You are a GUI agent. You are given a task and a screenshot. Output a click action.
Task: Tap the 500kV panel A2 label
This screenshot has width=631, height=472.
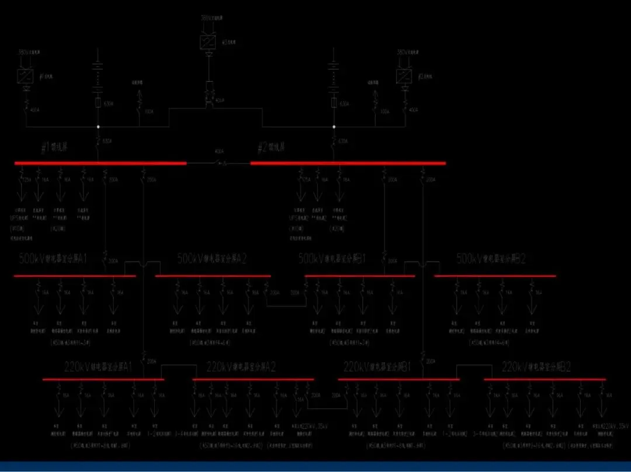pyautogui.click(x=212, y=259)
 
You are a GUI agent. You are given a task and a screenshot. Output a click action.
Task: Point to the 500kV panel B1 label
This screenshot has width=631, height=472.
pyautogui.click(x=332, y=259)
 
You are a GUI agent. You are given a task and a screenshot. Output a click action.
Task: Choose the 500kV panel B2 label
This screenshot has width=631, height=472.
pyautogui.click(x=491, y=259)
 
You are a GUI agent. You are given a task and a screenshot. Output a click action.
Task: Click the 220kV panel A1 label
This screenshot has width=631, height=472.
pyautogui.click(x=99, y=367)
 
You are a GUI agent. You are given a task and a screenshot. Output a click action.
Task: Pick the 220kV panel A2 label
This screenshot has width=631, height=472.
pyautogui.click(x=241, y=367)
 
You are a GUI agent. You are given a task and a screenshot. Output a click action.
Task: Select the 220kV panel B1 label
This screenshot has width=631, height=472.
pyautogui.click(x=377, y=367)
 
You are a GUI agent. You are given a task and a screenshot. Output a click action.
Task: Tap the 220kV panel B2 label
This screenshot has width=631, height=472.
pyautogui.click(x=536, y=367)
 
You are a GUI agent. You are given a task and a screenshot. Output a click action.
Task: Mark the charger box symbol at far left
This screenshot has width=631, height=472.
pyautogui.click(x=25, y=77)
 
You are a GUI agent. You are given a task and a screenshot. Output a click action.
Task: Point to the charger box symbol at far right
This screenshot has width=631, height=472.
pyautogui.click(x=403, y=77)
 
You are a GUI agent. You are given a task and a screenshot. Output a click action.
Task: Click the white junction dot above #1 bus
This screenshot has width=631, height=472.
pyautogui.click(x=98, y=126)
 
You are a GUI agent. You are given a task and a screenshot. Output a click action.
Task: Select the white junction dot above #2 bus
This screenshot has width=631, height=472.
pyautogui.click(x=334, y=126)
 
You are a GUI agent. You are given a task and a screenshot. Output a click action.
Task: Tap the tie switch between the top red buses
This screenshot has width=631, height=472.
pyautogui.click(x=220, y=163)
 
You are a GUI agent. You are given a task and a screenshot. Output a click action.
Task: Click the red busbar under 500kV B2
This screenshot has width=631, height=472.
pyautogui.click(x=495, y=276)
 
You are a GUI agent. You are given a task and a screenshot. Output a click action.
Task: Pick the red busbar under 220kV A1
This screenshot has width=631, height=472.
pyautogui.click(x=103, y=380)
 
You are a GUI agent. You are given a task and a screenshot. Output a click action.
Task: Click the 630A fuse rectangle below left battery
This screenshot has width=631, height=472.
pyautogui.click(x=98, y=103)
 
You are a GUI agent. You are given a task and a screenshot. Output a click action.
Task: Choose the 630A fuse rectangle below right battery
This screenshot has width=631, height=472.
pyautogui.click(x=334, y=103)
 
